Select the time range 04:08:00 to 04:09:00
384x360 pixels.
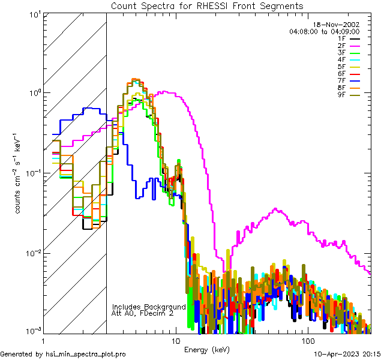coord(324,31)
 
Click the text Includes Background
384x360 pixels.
coord(149,307)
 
